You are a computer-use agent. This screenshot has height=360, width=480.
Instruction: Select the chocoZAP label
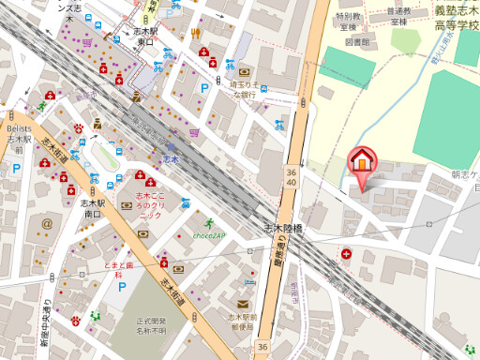tap(207, 235)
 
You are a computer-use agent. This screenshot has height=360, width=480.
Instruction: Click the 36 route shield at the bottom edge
tap(262, 348)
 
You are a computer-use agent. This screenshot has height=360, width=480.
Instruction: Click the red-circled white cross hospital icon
tap(347, 253)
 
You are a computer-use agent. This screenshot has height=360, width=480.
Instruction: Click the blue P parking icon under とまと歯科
tap(122, 284)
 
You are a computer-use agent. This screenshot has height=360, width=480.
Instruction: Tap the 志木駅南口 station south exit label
tap(90, 208)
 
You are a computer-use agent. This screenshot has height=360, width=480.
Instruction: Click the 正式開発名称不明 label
tap(151, 326)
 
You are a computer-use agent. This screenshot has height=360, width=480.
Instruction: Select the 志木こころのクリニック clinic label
tap(145, 205)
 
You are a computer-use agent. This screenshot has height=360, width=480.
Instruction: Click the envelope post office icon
tap(243, 303)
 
